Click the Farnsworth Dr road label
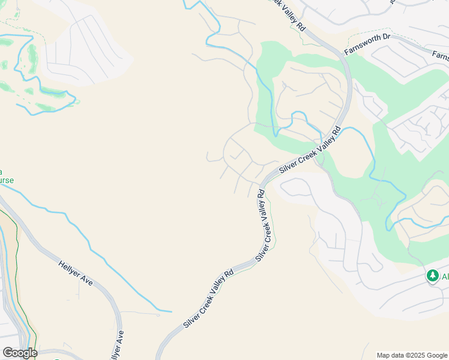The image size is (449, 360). click(x=367, y=45)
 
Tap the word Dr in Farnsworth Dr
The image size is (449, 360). click(x=385, y=38)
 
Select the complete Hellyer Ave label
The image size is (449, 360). click(x=76, y=272)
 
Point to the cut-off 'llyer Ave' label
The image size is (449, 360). click(x=120, y=344)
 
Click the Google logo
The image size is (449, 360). click(x=20, y=353)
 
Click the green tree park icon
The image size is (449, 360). click(x=432, y=275)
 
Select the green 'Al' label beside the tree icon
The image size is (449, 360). click(x=445, y=276)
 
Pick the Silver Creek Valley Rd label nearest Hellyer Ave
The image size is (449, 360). click(x=208, y=299)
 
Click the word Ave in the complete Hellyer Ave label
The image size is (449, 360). click(x=87, y=280)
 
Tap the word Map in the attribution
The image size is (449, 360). click(x=383, y=355)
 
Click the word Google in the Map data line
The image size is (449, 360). click(x=436, y=355)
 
